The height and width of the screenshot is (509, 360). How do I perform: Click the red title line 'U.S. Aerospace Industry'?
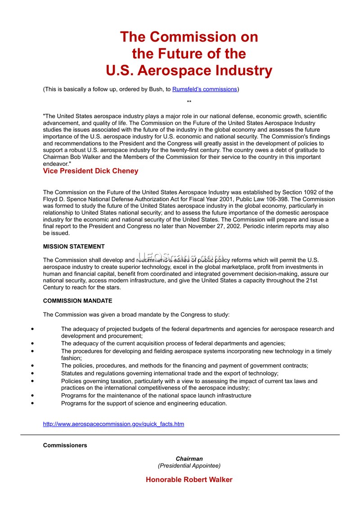coord(189,71)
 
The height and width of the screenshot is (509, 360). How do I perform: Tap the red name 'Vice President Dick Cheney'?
coord(90,171)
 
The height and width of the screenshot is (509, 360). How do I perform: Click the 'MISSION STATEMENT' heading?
coord(74,246)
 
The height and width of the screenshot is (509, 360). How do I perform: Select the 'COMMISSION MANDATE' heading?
coord(77,301)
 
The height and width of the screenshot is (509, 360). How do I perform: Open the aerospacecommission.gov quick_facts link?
coord(113,424)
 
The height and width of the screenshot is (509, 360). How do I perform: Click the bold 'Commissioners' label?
coord(65,446)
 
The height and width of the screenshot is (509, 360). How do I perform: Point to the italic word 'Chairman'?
coord(189,459)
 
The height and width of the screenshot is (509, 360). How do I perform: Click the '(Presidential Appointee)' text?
coord(189,466)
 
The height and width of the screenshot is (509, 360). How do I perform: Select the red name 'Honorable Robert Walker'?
coord(189,480)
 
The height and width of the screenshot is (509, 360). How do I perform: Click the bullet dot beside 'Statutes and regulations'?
coord(32,374)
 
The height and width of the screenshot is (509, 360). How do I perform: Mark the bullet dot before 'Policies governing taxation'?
coord(32,381)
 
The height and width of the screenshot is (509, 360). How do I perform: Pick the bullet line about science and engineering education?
coord(144,403)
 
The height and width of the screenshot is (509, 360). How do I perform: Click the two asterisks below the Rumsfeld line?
coord(189,103)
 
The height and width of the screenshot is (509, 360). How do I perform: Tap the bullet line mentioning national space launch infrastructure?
coord(156,396)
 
